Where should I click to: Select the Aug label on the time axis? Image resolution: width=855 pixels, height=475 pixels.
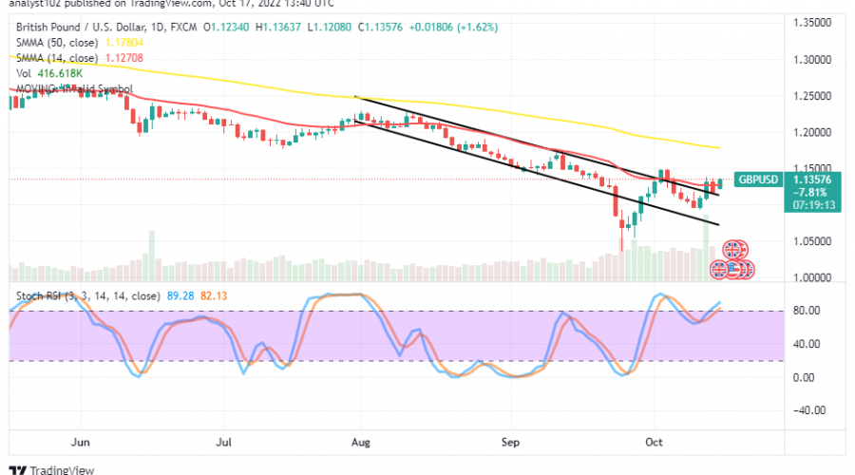coord(361,442)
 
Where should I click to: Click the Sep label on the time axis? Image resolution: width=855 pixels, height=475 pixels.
coord(508,442)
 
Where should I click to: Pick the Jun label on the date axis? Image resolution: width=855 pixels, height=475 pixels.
coord(80,442)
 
